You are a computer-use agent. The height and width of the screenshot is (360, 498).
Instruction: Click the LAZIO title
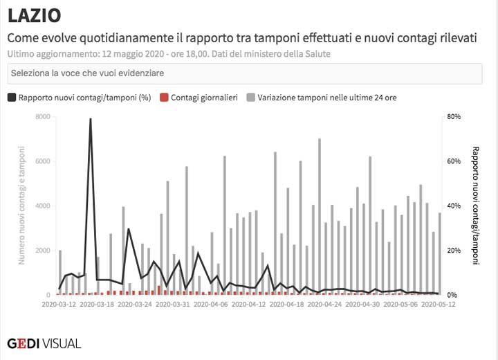[34, 15]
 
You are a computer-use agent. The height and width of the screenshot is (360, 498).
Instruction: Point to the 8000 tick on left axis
[41, 116]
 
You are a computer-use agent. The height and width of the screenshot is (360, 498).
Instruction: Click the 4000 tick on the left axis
[41, 206]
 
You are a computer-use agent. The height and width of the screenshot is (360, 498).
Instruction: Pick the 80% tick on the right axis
[454, 116]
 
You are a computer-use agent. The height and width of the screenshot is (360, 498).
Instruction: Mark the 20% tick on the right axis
[454, 251]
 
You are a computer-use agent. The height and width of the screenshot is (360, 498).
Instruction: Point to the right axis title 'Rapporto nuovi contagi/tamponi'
[475, 206]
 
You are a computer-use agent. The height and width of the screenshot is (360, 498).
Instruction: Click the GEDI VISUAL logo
[44, 343]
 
